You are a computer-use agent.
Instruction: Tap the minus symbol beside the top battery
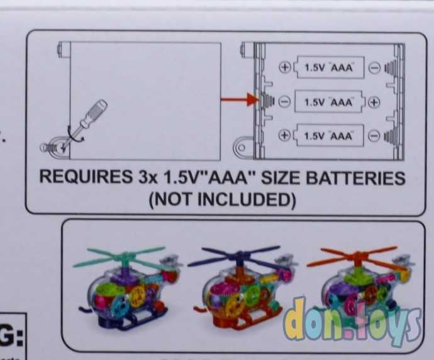(373, 67)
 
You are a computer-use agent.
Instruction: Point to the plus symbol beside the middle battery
(373, 102)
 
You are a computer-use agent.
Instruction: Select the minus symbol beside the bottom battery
(373, 135)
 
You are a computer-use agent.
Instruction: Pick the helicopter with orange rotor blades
(359, 280)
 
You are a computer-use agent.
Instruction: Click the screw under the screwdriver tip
(52, 145)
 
